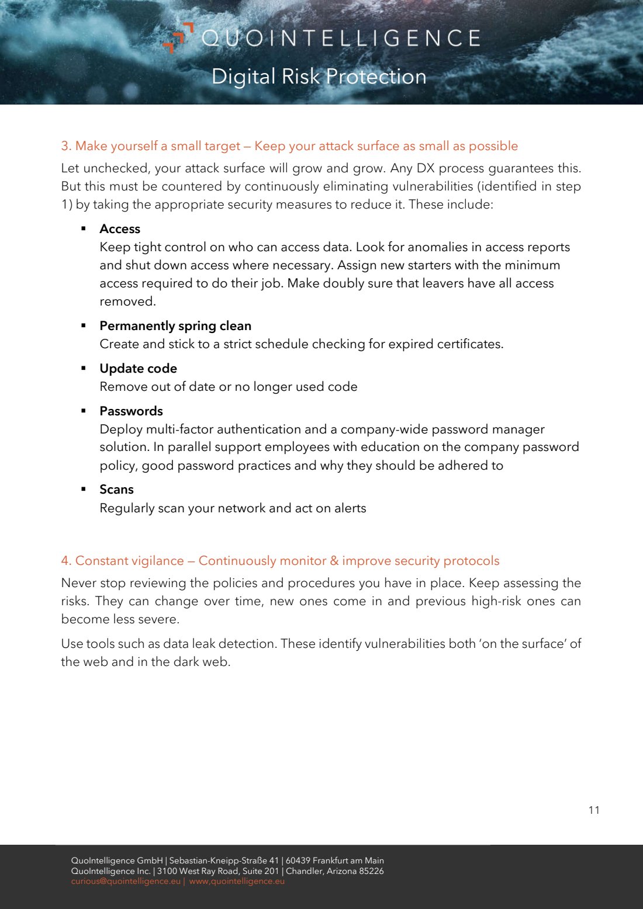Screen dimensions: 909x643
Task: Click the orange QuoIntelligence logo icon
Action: pos(178,37)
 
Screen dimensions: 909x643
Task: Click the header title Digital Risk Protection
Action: pos(319,77)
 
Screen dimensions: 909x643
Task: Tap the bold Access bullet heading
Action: pos(120,229)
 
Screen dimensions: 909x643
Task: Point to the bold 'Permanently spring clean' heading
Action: pos(175,326)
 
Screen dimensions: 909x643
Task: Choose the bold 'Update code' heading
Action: pos(138,369)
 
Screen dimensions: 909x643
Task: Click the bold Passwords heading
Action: pos(131,411)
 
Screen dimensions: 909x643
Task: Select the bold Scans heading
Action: pos(116,490)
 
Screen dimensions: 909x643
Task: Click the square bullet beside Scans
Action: pos(84,488)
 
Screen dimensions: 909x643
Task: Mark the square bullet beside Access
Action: pos(84,228)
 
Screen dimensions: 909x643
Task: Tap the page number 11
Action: pos(594,810)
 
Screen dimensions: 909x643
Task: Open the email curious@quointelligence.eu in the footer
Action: pos(126,882)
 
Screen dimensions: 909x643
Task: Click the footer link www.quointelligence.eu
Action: pos(237,882)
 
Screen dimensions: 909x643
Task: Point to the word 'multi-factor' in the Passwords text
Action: pos(179,429)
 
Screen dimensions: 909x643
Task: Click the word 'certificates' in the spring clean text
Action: pos(469,344)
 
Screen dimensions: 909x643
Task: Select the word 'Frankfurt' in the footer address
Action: pos(333,861)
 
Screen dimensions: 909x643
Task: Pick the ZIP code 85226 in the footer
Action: pos(371,871)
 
